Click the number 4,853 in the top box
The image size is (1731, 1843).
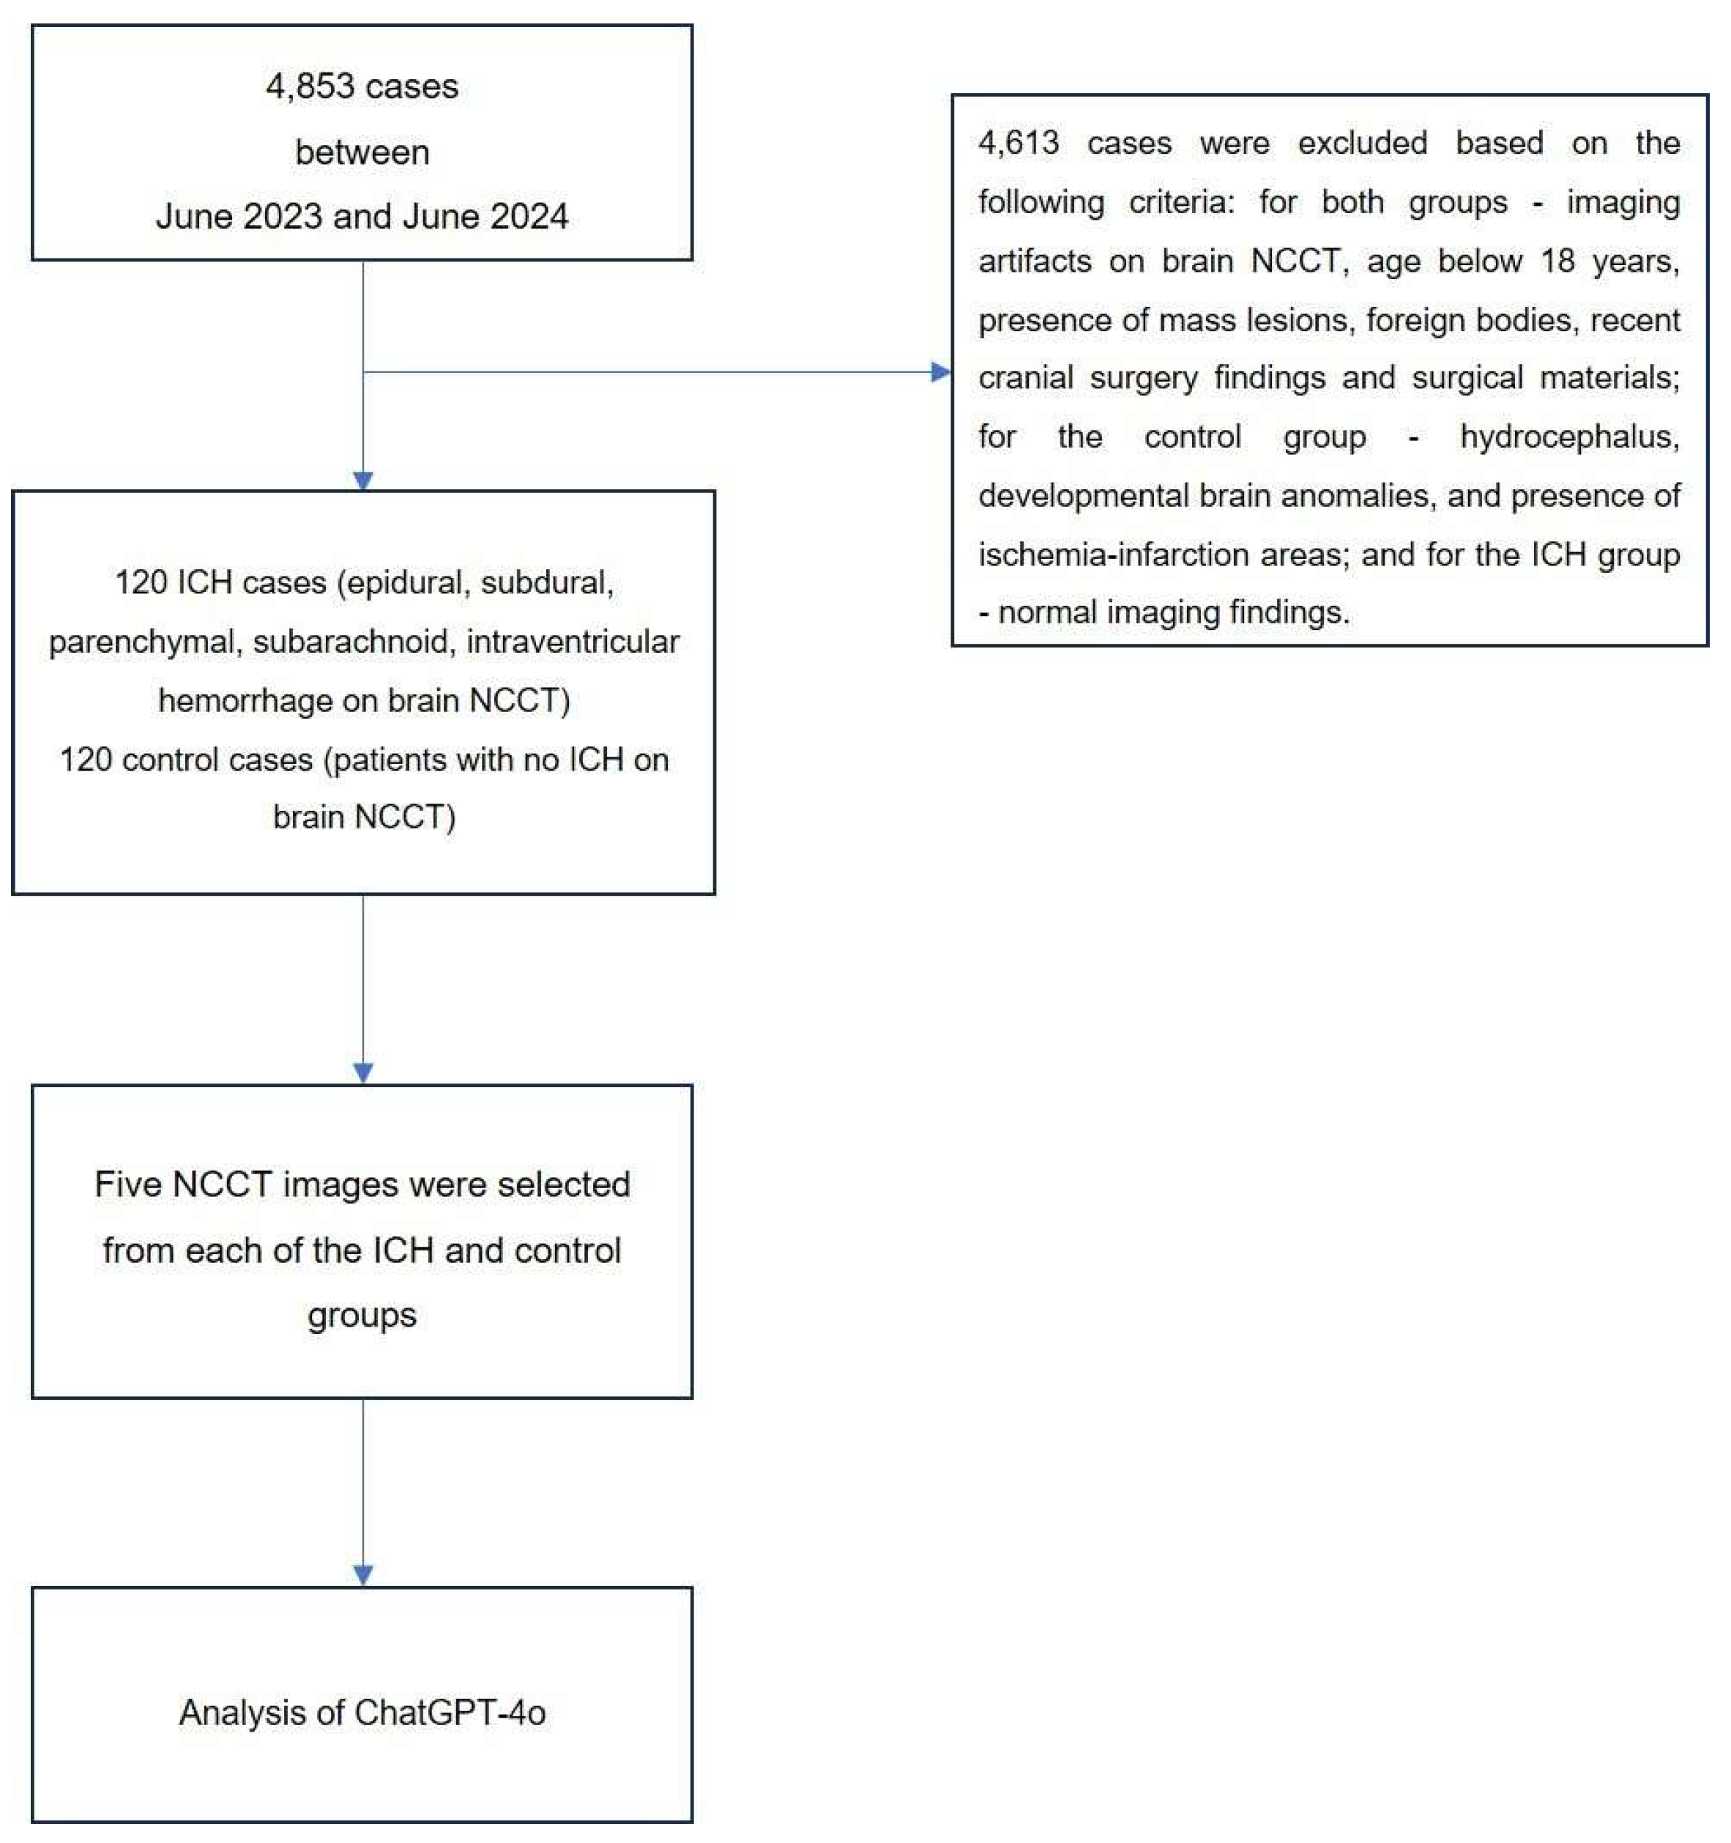[x=310, y=87]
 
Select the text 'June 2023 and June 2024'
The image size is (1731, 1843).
[x=362, y=217]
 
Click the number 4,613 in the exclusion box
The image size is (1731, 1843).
[x=1018, y=144]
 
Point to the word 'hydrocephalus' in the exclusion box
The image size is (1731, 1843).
[x=1569, y=437]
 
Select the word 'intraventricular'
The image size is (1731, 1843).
[x=572, y=642]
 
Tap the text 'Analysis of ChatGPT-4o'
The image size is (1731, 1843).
[x=362, y=1713]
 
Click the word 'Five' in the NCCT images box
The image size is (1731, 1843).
[x=128, y=1184]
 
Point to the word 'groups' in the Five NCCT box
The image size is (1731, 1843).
[x=362, y=1316]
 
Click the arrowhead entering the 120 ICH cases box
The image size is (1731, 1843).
[x=363, y=481]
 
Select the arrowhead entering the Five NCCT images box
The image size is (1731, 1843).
[x=363, y=1072]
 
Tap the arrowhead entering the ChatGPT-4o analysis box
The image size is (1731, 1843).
[x=363, y=1575]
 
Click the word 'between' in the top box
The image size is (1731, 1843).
[x=362, y=153]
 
